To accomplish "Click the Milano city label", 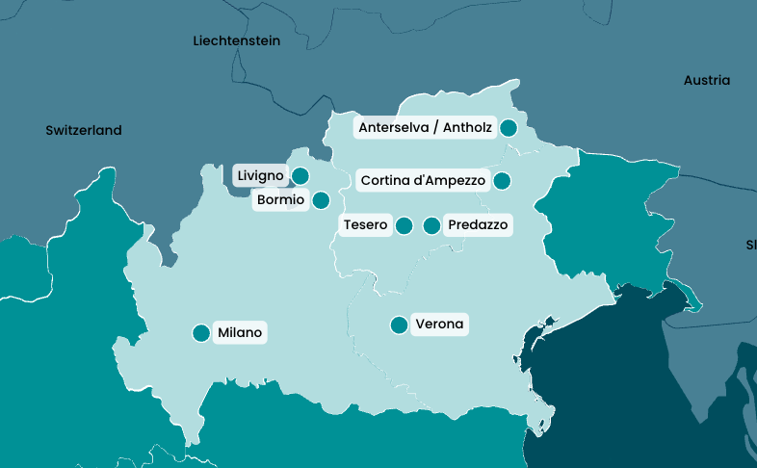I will [x=240, y=333].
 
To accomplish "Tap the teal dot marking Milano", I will [x=201, y=333].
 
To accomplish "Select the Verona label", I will [x=439, y=325].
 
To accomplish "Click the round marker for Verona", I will [x=399, y=325].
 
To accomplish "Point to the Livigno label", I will [x=260, y=175].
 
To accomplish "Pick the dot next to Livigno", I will [x=300, y=175].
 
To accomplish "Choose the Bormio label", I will [x=280, y=200].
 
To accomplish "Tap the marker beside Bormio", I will [x=321, y=200].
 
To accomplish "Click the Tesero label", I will [x=365, y=225].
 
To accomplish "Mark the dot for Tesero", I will [x=405, y=225].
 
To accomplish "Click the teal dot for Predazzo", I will [x=431, y=225].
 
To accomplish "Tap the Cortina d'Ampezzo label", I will [x=423, y=180].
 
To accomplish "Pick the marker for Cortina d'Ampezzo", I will [x=502, y=180].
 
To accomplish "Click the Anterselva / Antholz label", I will [x=425, y=127].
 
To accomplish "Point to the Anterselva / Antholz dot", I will [x=509, y=127].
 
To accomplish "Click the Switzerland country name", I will [x=84, y=130].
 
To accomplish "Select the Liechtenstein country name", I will [x=237, y=40].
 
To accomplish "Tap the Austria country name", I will [x=707, y=81].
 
